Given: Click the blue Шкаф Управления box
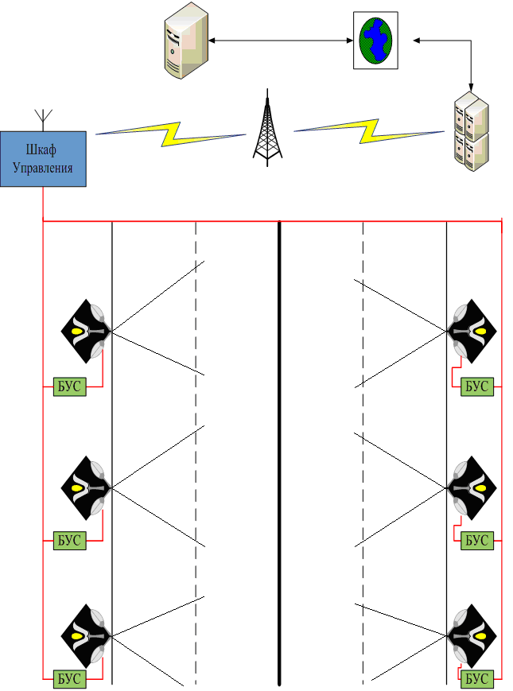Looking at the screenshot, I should point(43,158).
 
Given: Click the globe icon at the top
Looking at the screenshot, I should point(375,39).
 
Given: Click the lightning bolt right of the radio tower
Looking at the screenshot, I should point(369,130).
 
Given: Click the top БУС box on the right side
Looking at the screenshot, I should point(476,386).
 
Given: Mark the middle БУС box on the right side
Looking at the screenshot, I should point(476,541).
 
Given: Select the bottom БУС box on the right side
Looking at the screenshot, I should point(476,679).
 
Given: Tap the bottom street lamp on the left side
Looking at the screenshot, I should point(87,635).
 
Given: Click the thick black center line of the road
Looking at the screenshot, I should point(279,453).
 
